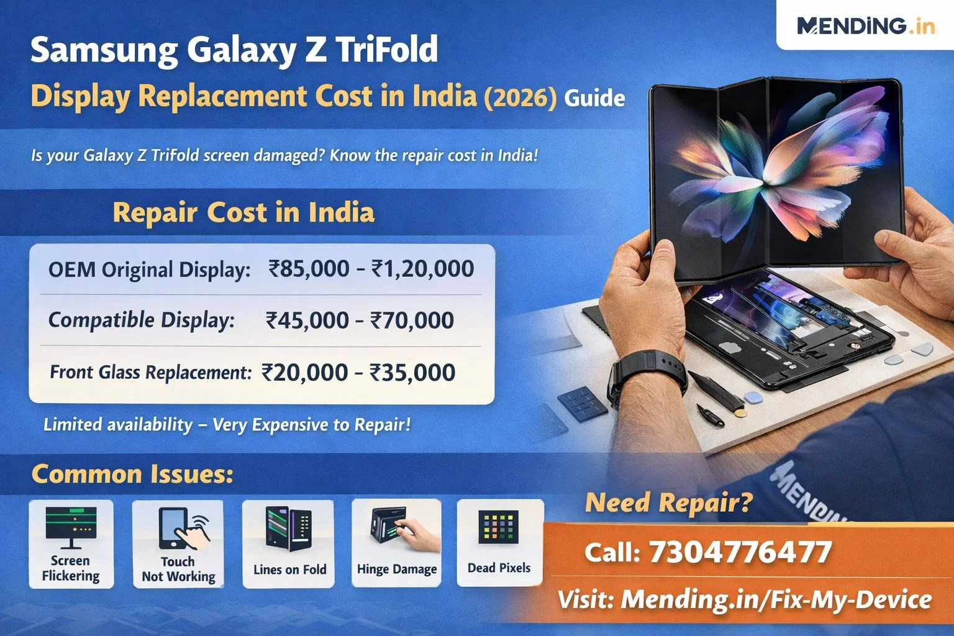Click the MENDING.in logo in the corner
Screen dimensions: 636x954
(x=865, y=26)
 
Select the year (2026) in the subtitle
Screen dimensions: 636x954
(x=520, y=98)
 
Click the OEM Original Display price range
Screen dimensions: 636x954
(x=371, y=269)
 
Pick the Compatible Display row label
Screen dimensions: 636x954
(x=142, y=320)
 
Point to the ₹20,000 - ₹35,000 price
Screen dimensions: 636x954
(x=358, y=373)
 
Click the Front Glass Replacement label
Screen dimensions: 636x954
(x=150, y=373)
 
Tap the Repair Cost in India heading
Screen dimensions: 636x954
(x=243, y=213)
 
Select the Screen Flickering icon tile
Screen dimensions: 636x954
(x=71, y=544)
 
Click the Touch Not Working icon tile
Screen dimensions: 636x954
(x=178, y=544)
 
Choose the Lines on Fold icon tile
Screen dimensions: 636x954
(x=289, y=544)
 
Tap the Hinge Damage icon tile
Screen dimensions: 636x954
(x=397, y=544)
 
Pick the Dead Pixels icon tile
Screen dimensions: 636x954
(x=499, y=543)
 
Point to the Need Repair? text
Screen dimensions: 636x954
(x=668, y=502)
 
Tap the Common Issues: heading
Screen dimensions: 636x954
(x=132, y=475)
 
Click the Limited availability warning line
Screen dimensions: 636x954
(x=227, y=425)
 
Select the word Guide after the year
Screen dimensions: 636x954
(x=594, y=99)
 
